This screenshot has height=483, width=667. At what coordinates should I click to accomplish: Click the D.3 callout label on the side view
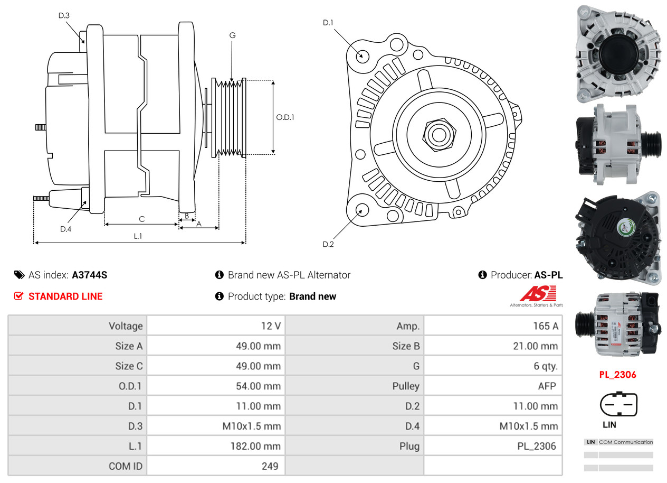(64, 15)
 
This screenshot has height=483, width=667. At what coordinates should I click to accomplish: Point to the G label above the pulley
(232, 35)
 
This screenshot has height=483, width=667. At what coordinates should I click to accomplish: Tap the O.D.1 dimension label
(285, 117)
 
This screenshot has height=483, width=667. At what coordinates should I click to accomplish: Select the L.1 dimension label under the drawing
(138, 236)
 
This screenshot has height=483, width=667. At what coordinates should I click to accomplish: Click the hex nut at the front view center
(437, 134)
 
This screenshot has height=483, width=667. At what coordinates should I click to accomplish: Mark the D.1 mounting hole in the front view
(362, 55)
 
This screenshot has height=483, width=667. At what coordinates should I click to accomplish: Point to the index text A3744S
(90, 275)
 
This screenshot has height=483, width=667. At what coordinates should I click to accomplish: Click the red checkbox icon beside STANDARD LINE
(19, 296)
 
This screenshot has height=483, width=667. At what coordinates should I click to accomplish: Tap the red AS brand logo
(538, 294)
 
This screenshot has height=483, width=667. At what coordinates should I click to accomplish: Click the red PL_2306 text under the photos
(617, 375)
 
